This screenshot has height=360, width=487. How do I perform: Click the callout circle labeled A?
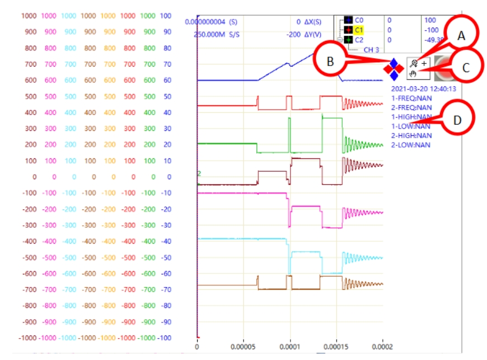(461, 36)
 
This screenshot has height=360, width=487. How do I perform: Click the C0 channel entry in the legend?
(359, 20)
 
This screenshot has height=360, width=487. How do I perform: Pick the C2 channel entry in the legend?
(359, 40)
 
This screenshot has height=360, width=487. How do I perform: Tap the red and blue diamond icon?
(394, 68)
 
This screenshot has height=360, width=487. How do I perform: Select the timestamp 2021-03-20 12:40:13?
(423, 88)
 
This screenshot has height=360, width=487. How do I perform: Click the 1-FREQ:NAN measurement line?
(411, 98)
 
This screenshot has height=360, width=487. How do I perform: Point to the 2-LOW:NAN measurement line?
(410, 144)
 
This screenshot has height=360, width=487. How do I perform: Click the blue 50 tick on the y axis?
(166, 96)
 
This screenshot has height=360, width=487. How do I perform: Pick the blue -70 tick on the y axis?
(166, 290)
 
